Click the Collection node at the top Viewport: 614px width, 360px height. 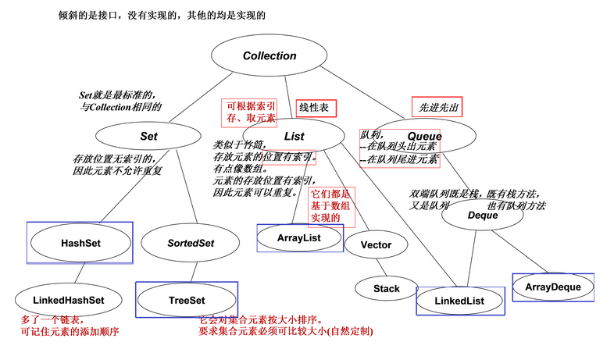(270, 55)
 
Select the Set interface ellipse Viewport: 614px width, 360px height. (149, 136)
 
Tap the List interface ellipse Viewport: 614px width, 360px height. (294, 136)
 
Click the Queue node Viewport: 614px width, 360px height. (425, 136)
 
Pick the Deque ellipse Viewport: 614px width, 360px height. (483, 216)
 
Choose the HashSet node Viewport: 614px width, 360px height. (80, 243)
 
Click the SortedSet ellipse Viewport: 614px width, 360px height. (191, 243)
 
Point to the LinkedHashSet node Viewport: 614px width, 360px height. (69, 300)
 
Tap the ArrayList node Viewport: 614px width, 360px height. (300, 237)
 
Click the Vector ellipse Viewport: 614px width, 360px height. (376, 244)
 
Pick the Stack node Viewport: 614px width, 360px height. (386, 288)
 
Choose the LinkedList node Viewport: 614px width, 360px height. (459, 301)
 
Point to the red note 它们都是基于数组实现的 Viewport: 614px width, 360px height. (331, 205)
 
